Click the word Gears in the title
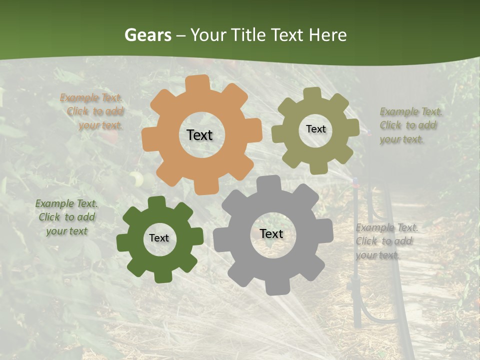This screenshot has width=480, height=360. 148,35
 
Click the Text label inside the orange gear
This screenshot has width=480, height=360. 199,135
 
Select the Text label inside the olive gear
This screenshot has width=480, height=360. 315,129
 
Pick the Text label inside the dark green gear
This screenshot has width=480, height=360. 159,238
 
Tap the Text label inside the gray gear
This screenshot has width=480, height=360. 271,233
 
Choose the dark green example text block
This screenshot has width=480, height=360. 66,217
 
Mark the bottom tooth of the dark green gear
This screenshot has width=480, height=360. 162,276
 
